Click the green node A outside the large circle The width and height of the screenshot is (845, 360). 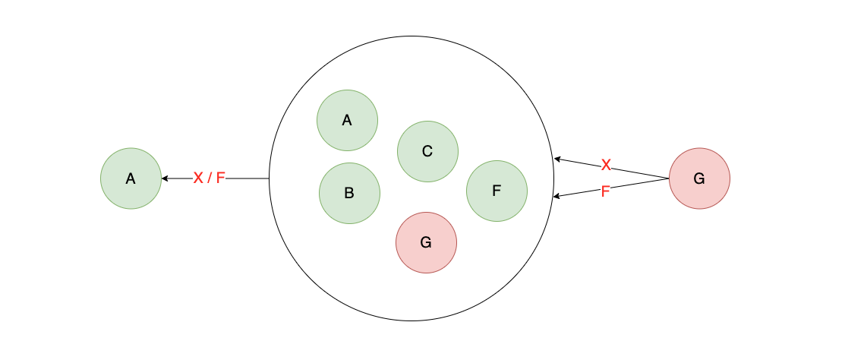click(x=131, y=178)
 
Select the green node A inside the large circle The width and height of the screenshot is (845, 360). click(x=347, y=120)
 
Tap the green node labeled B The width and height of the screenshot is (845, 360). click(x=349, y=193)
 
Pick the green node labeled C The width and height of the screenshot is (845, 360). click(x=427, y=151)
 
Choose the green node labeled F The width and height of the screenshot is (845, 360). click(x=497, y=191)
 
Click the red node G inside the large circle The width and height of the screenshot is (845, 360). click(x=426, y=242)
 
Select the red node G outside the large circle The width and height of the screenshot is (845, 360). click(x=699, y=178)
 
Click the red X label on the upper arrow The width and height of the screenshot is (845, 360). click(x=606, y=166)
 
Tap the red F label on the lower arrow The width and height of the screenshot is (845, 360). click(x=605, y=191)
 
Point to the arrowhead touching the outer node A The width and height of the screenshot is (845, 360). click(x=165, y=178)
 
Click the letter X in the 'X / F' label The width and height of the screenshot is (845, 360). click(x=198, y=178)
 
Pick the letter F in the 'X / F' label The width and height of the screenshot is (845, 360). click(x=220, y=178)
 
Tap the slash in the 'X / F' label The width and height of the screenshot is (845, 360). click(x=209, y=178)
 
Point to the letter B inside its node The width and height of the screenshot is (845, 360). click(x=349, y=193)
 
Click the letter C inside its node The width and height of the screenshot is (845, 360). click(x=427, y=151)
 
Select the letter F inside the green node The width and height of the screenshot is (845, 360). click(x=497, y=191)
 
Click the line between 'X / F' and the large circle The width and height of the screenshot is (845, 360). click(x=248, y=178)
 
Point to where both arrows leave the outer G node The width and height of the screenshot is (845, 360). click(x=668, y=178)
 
